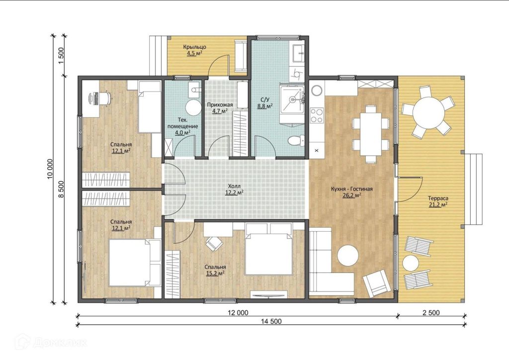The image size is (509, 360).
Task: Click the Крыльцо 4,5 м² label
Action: (x=194, y=50)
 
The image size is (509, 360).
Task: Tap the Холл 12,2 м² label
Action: (x=235, y=189)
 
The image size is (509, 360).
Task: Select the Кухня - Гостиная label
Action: (x=351, y=189)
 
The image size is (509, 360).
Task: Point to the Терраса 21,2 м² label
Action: (x=438, y=201)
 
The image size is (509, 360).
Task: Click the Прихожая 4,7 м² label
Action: (x=220, y=108)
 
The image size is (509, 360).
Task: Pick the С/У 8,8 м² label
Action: (x=264, y=103)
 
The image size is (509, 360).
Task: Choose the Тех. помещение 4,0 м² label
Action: (x=183, y=126)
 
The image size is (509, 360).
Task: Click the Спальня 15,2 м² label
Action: (x=215, y=270)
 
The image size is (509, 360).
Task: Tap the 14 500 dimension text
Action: (x=271, y=321)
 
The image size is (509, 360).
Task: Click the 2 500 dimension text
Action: (x=431, y=313)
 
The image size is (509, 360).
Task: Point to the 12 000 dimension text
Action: (x=238, y=313)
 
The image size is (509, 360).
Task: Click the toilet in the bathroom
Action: (x=296, y=141)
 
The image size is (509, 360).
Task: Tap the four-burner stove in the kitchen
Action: (x=317, y=115)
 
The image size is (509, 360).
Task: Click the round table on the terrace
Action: (x=428, y=113)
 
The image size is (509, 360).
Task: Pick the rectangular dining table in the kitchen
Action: (x=370, y=134)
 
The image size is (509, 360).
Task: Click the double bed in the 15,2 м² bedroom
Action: (x=268, y=249)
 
